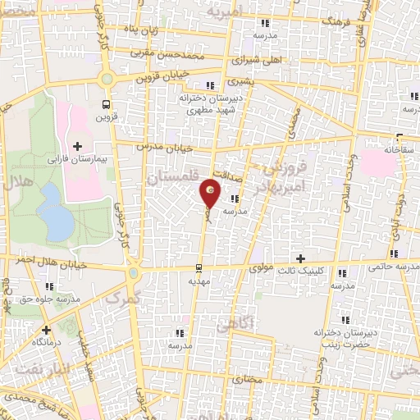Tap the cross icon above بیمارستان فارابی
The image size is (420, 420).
[x=77, y=146]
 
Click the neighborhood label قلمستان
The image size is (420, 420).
[x=171, y=176]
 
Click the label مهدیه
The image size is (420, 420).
[x=200, y=281]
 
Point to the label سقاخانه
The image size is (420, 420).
[x=395, y=151]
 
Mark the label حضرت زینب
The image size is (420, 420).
[x=338, y=345]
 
